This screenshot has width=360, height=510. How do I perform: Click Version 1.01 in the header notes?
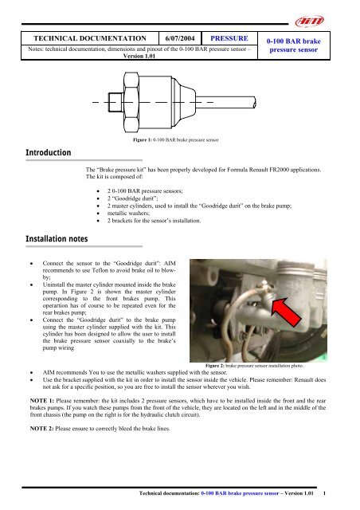pyautogui.click(x=131, y=56)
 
